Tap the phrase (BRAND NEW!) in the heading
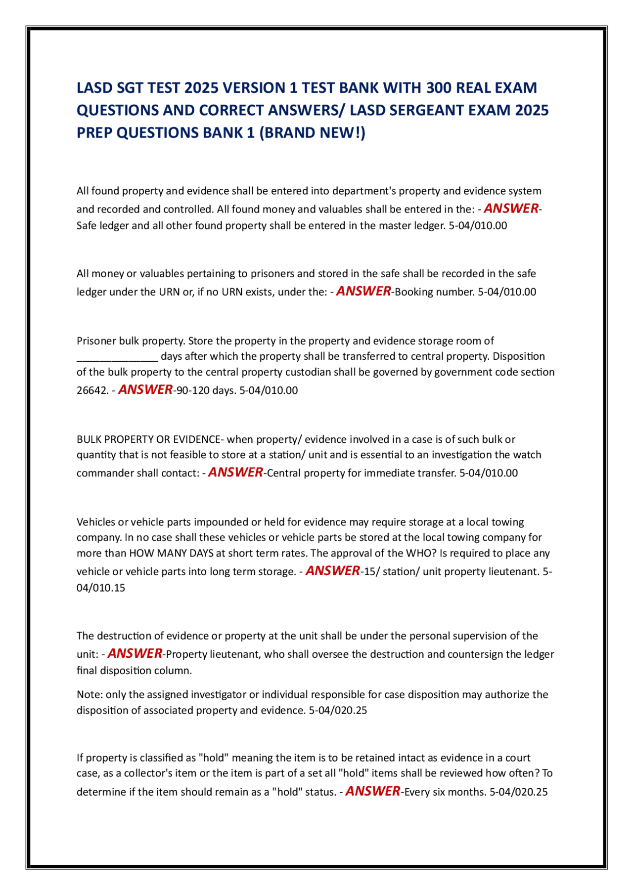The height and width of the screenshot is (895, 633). pos(312,132)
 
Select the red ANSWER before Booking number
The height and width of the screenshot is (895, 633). pos(363,291)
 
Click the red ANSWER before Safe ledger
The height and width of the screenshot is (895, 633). pos(511,208)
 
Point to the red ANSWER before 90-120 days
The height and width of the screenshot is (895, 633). pos(145,389)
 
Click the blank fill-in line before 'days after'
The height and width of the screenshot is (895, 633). pos(117,357)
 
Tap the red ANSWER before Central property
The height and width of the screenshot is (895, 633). pos(235,472)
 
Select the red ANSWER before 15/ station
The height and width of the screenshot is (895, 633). pos(333,570)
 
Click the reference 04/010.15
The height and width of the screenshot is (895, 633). pos(101,588)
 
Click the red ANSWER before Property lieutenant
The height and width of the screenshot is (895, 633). pos(135,653)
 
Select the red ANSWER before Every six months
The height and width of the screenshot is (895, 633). pos(372,791)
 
